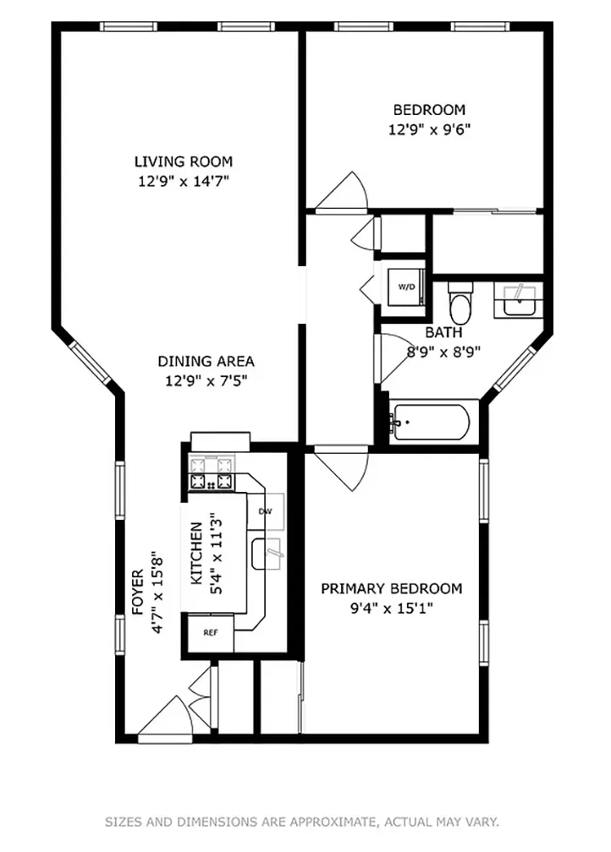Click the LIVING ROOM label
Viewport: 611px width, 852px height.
coord(183,161)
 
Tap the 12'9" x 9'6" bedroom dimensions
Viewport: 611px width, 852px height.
coord(429,129)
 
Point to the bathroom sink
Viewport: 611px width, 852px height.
coord(516,300)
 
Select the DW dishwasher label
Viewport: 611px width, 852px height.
coord(264,512)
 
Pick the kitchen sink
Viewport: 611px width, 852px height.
coord(267,554)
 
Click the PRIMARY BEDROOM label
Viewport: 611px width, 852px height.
coord(391,588)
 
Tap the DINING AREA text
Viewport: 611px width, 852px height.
coord(206,362)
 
